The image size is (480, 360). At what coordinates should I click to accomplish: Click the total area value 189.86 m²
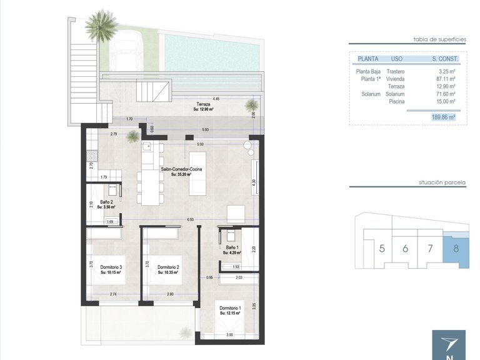(442, 117)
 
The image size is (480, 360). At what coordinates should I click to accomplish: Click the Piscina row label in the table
(396, 101)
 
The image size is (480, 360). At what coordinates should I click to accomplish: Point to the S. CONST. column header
(445, 59)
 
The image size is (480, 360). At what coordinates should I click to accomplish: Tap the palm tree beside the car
(100, 25)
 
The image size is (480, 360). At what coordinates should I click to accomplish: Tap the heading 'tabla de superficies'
(439, 39)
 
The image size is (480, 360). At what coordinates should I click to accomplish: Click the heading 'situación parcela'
(442, 184)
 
